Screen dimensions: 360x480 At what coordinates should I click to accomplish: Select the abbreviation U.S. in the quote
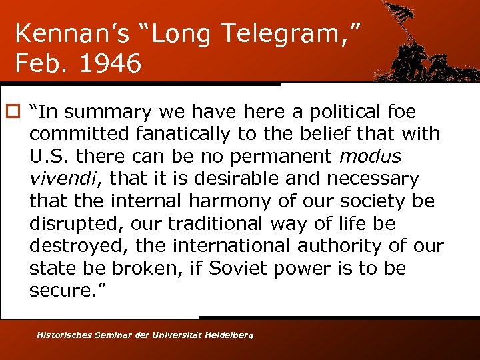coord(49,157)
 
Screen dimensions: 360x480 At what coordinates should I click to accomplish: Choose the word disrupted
coord(73,224)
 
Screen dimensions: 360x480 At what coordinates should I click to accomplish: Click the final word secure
coord(60,291)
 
